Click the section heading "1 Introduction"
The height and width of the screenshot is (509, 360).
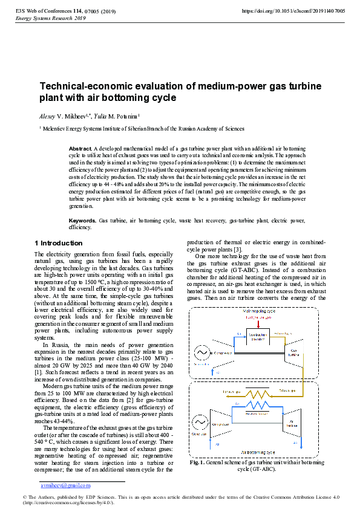tap(58, 243)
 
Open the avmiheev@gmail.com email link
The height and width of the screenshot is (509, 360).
tap(65, 485)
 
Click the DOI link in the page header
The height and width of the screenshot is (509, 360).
tap(293, 11)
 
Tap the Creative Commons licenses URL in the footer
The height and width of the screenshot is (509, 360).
tap(67, 502)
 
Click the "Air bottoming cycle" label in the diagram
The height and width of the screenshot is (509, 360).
tap(258, 451)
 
